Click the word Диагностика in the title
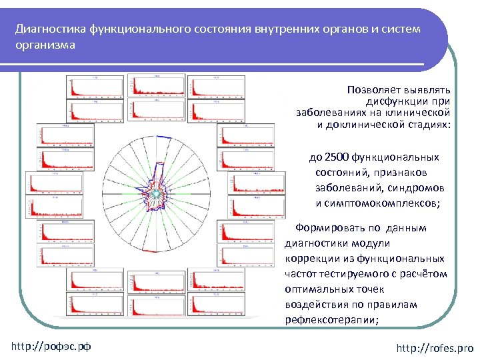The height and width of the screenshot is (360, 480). click(x=46, y=30)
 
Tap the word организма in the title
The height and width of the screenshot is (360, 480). click(x=45, y=45)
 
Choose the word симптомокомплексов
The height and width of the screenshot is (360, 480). click(x=377, y=203)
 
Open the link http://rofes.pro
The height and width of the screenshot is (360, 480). click(x=434, y=348)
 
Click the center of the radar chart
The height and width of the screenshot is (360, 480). click(x=156, y=193)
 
